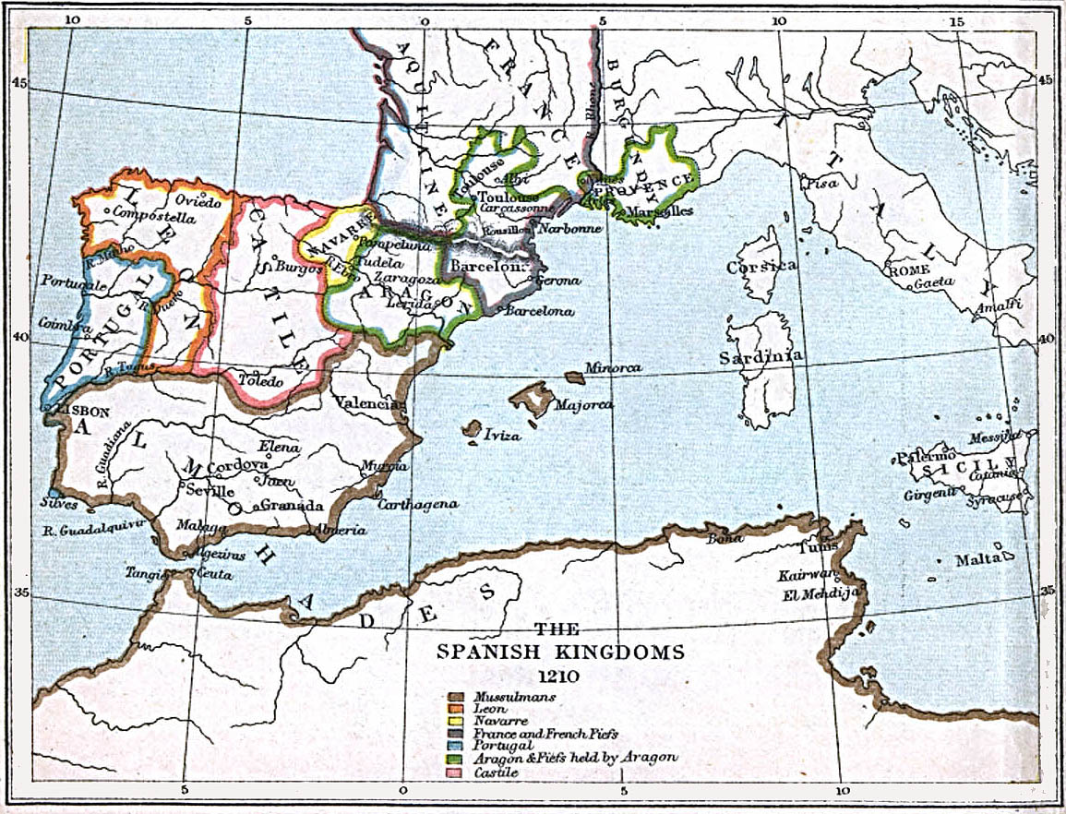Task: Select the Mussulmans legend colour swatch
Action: pyautogui.click(x=457, y=697)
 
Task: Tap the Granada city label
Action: pyautogui.click(x=292, y=505)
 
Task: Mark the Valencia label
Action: pyautogui.click(x=368, y=403)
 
